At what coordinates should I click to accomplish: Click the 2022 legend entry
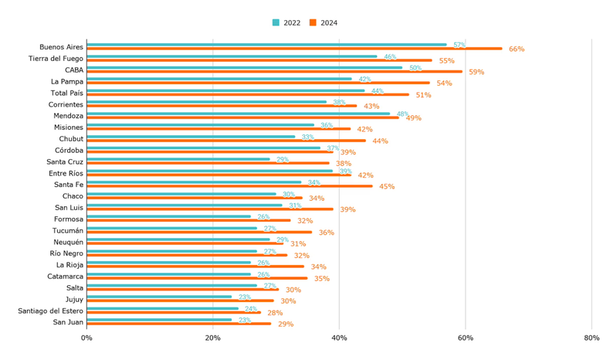pos(286,23)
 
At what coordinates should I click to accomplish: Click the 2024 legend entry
pos(324,23)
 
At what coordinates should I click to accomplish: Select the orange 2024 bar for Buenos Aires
pos(293,49)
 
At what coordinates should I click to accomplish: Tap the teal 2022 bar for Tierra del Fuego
pos(232,56)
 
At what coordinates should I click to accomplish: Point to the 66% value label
pos(517,49)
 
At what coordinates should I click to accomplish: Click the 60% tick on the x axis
pos(465,338)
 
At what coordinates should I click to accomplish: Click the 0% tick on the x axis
pos(86,338)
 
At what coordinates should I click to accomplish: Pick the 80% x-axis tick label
pos(591,338)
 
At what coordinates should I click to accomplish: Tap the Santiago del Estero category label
pos(50,311)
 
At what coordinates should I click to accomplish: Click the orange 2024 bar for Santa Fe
pos(229,186)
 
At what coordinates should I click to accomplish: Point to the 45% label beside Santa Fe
pos(387,187)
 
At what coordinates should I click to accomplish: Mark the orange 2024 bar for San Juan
pos(178,324)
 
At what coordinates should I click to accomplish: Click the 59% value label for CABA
pos(476,73)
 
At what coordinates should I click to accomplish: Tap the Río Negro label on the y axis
pos(66,253)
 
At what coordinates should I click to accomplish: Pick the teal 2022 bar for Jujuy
pos(159,297)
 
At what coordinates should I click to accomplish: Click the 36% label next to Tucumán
pos(327,233)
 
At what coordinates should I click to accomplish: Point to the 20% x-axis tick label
pos(213,338)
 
